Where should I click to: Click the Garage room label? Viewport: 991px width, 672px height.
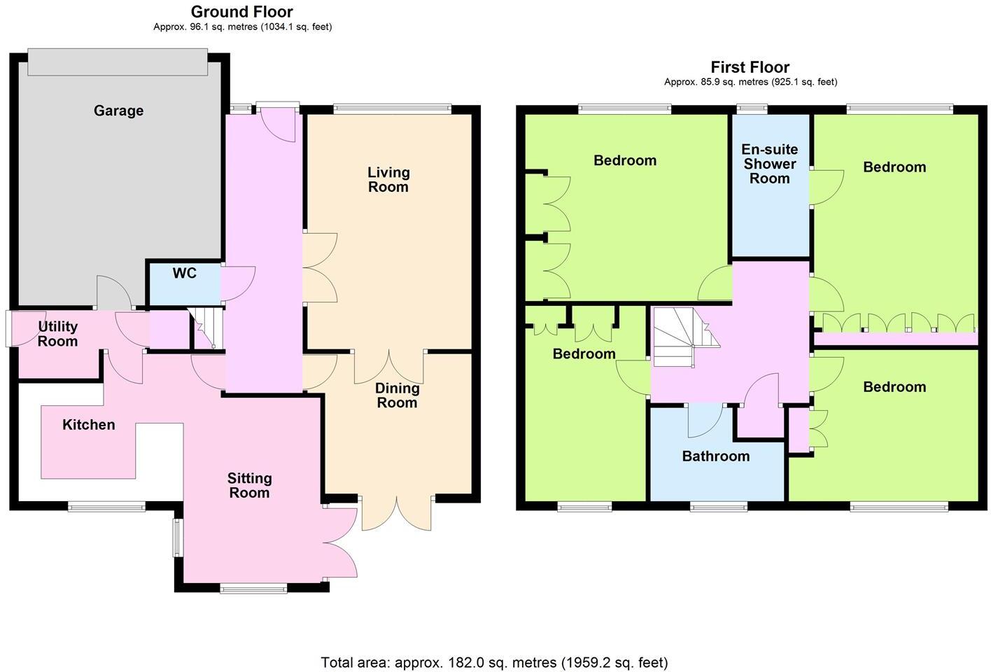[118, 111]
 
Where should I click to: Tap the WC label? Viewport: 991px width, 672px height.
[185, 273]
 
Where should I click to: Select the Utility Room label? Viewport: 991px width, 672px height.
[57, 334]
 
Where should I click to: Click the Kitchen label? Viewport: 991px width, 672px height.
[89, 425]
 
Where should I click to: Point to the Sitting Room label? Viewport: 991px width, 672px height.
[249, 485]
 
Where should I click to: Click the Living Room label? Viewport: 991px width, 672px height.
[388, 179]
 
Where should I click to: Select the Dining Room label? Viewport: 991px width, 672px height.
[397, 395]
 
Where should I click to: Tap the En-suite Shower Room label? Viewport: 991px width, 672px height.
[770, 164]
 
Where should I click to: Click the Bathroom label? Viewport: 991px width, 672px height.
[716, 456]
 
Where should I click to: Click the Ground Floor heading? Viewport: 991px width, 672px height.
[242, 12]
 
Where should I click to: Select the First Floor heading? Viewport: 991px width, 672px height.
[750, 67]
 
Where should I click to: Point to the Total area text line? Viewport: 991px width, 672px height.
[494, 662]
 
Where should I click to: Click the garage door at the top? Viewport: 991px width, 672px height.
[118, 62]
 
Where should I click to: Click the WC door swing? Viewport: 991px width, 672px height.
[238, 283]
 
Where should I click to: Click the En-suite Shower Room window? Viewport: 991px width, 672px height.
[752, 108]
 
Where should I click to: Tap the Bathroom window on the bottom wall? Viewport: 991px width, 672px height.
[719, 505]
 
